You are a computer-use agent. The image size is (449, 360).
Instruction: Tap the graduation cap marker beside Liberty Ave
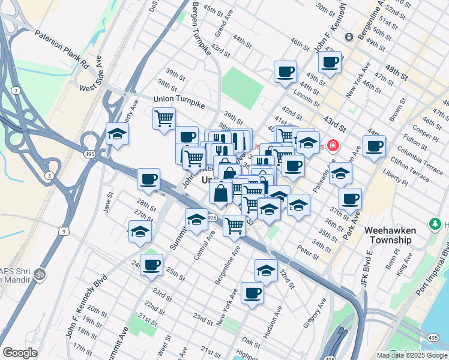(x=118, y=134)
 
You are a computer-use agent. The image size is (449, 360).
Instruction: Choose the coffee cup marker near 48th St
(x=330, y=61)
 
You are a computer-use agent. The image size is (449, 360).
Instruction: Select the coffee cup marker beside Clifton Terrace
(x=374, y=146)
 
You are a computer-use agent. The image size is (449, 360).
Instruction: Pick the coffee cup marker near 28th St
(x=148, y=178)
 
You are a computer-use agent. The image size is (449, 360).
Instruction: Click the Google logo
(x=20, y=353)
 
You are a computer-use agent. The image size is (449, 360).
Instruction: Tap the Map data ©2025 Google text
(x=412, y=355)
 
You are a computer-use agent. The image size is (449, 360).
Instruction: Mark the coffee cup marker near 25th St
(x=152, y=264)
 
